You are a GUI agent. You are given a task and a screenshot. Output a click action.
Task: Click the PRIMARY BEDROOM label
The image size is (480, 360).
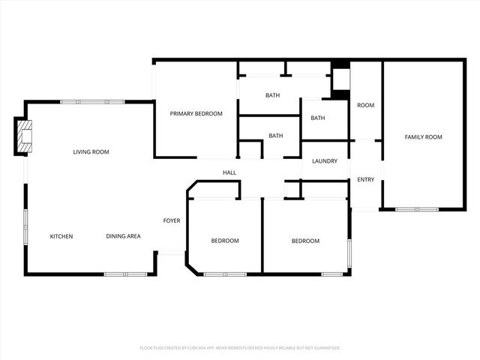pyautogui.click(x=196, y=113)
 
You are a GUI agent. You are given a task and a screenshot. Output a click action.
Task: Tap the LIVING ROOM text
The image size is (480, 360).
pyautogui.click(x=91, y=152)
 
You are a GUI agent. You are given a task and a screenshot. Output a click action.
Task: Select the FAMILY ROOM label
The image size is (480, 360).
pyautogui.click(x=423, y=137)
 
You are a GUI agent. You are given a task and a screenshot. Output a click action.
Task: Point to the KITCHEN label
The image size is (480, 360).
pyautogui.click(x=61, y=236)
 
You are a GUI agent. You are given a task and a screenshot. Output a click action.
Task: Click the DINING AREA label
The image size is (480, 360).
pyautogui.click(x=123, y=236)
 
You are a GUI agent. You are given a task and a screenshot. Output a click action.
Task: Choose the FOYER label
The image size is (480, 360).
pyautogui.click(x=172, y=220)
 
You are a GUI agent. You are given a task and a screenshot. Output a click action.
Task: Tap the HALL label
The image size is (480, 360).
pyautogui.click(x=229, y=172)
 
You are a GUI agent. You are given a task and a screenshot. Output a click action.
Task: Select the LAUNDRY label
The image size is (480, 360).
pyautogui.click(x=325, y=161)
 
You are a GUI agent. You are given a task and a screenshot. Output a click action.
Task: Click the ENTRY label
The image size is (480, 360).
pyautogui.click(x=366, y=179)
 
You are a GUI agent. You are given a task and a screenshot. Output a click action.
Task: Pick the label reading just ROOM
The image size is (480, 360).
pyautogui.click(x=365, y=106)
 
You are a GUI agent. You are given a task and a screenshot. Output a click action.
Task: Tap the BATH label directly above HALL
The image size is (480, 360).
pyautogui.click(x=276, y=136)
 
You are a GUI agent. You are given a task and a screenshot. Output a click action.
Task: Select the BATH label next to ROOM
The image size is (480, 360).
pyautogui.click(x=318, y=118)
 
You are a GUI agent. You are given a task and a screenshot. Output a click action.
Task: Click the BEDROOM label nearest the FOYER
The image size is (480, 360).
pyautogui.click(x=224, y=241)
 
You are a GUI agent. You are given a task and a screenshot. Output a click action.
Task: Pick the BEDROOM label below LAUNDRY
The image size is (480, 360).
pyautogui.click(x=305, y=241)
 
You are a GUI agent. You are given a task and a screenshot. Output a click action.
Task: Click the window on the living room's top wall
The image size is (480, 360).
pyautogui.click(x=82, y=102)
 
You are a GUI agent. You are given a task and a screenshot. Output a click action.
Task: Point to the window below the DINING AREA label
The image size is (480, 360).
pyautogui.click(x=125, y=274)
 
